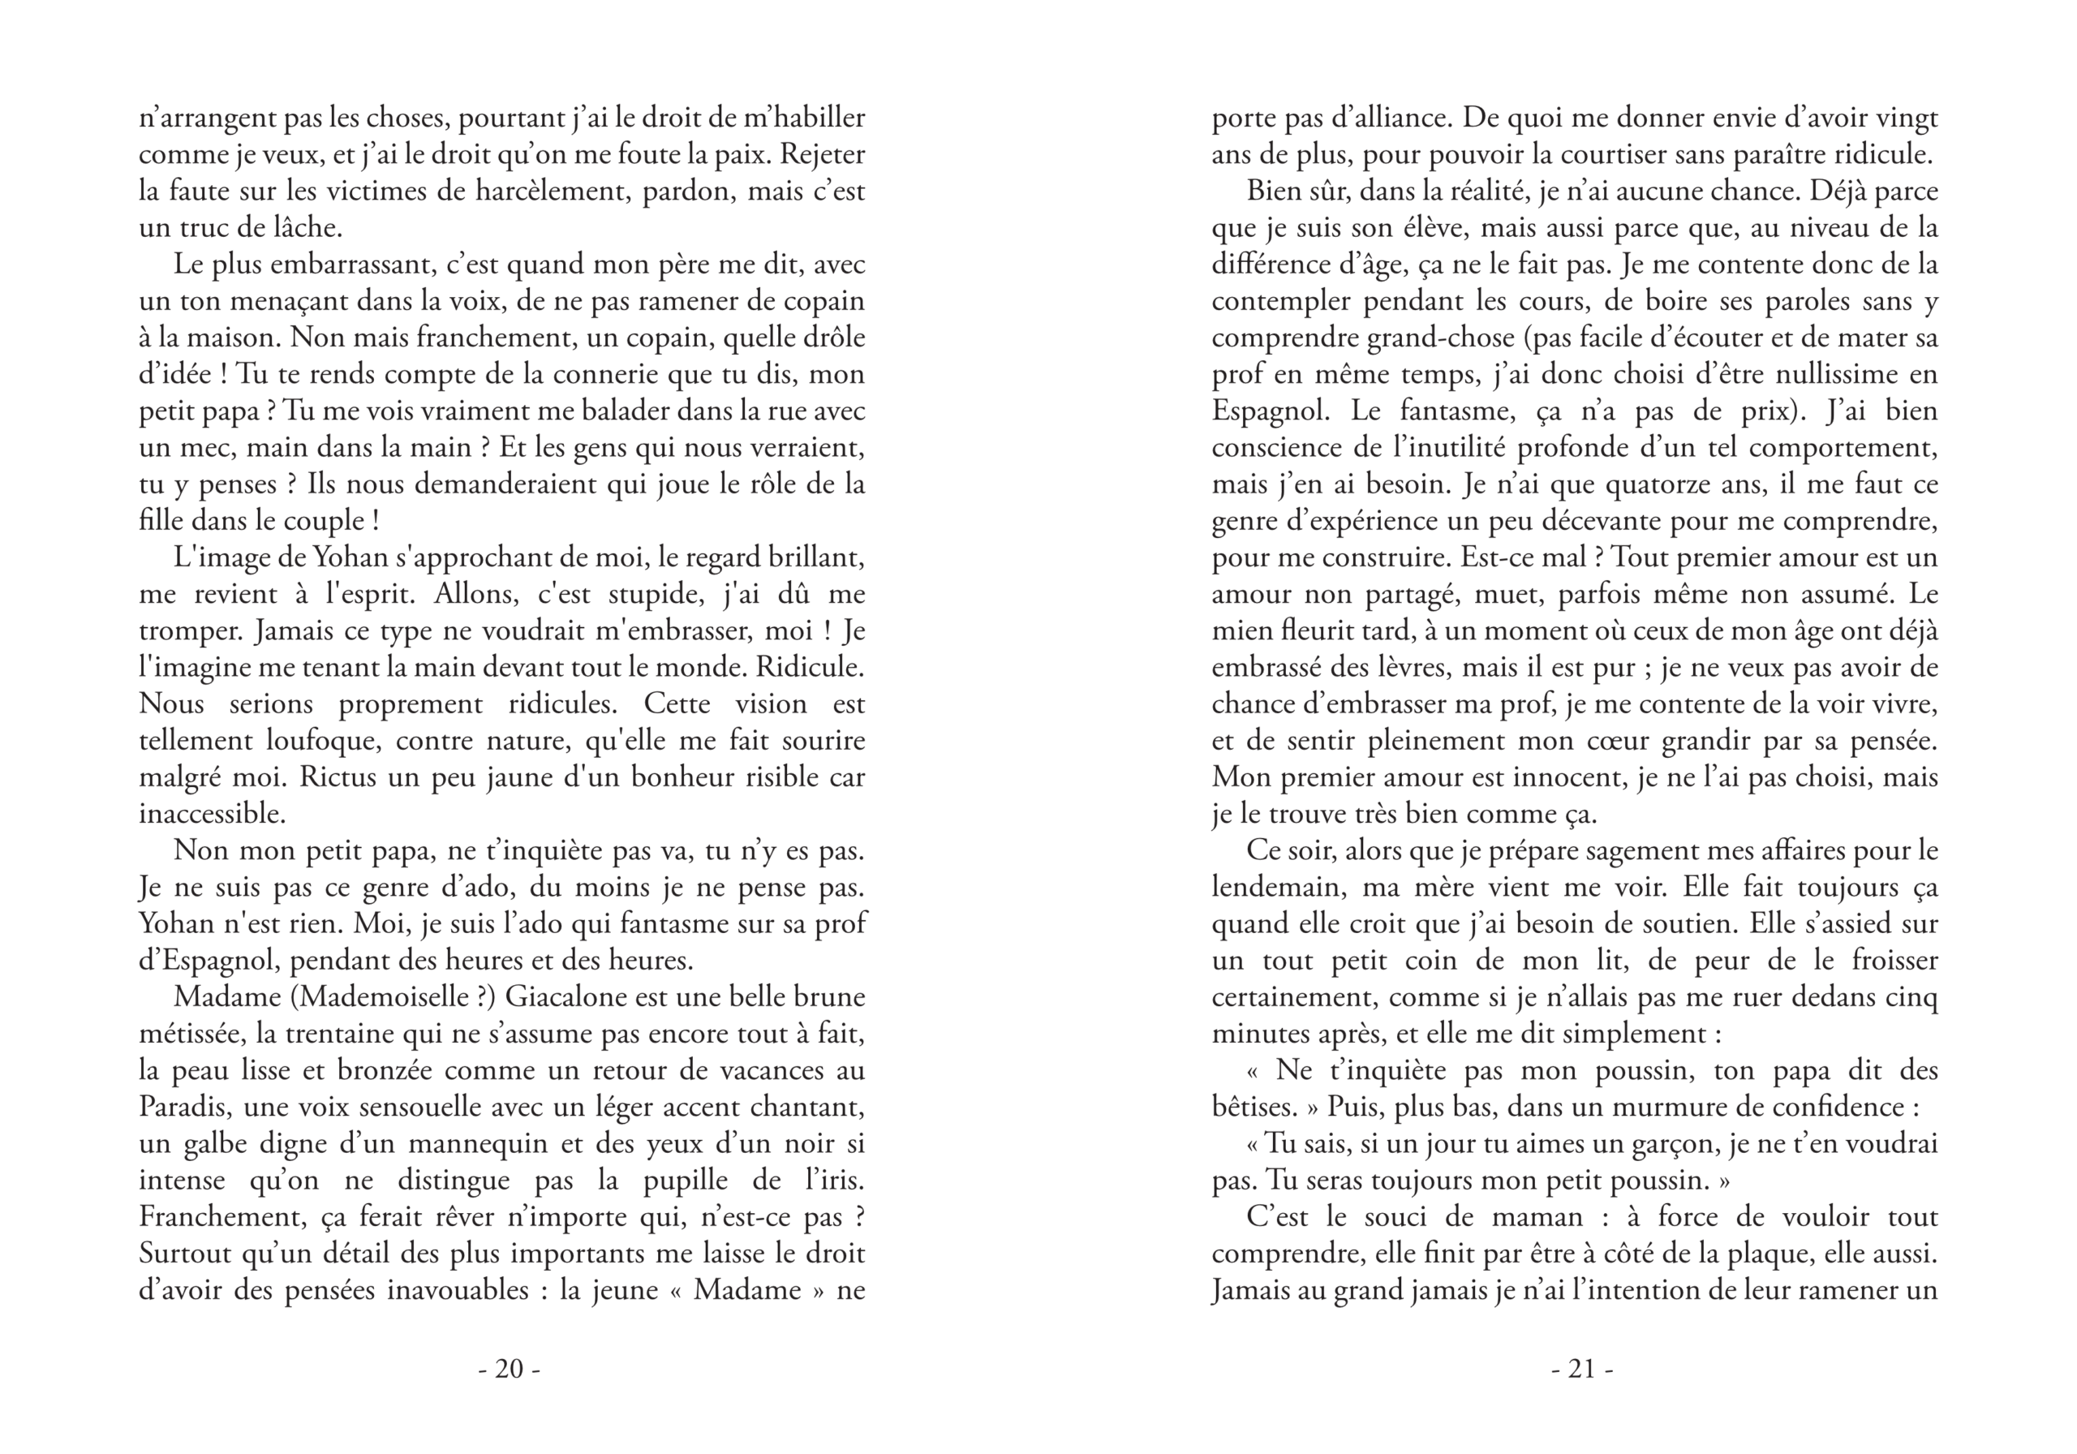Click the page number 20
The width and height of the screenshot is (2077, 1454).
510,1369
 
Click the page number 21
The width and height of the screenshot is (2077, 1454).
1581,1369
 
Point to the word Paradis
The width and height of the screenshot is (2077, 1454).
183,1107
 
